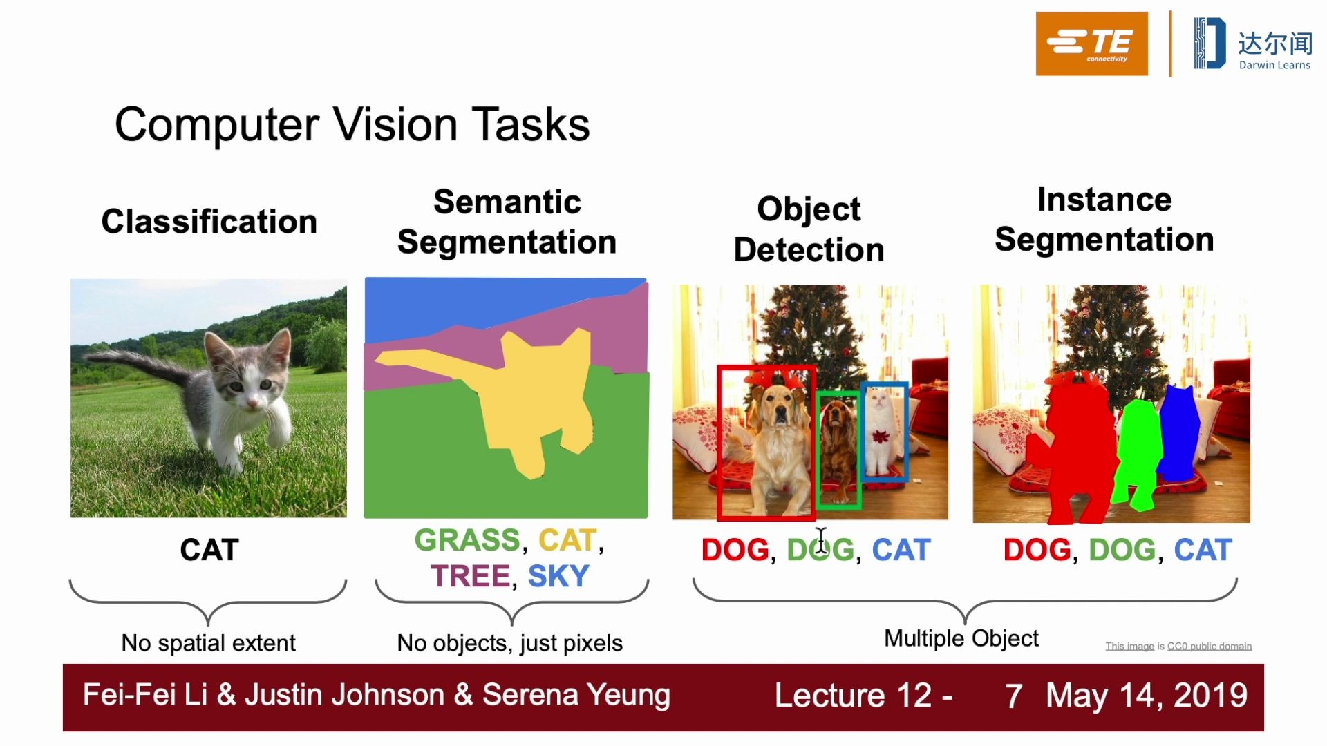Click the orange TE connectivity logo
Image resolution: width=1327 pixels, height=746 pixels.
coord(1091,44)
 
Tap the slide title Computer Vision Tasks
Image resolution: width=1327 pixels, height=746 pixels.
coord(352,125)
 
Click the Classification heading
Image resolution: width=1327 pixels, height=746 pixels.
coord(209,222)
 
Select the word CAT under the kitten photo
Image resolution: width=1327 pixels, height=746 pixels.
coord(209,550)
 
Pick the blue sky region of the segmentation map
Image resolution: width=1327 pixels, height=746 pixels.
coord(484,304)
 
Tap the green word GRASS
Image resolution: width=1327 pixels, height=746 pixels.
coord(467,540)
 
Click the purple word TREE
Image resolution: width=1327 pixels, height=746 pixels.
coord(470,576)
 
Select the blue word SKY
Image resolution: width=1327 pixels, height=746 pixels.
coord(558,576)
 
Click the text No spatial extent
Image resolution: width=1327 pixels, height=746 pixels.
coord(209,643)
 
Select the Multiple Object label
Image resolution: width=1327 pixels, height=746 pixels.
coord(961,639)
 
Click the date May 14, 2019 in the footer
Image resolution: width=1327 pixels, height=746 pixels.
coord(1147,696)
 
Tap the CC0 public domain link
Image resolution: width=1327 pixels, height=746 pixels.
coord(1210,647)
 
